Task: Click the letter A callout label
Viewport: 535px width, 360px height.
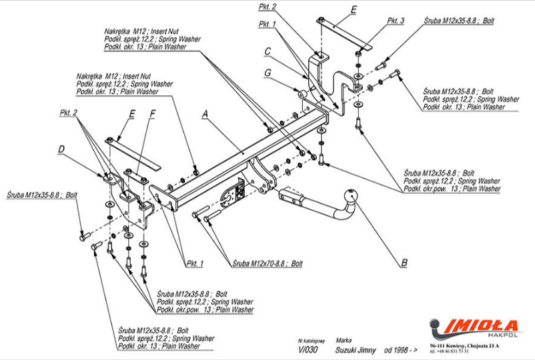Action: coord(205,114)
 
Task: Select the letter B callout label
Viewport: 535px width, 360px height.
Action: coord(404,262)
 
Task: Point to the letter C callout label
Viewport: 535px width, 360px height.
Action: coord(267,51)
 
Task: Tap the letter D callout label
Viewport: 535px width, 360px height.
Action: coord(61,149)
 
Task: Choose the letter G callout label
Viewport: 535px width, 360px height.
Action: coord(267,72)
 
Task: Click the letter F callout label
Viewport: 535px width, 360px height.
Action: coord(153,113)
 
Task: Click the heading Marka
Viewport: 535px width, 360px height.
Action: coord(344,339)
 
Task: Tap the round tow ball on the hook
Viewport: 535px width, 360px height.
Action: coord(350,198)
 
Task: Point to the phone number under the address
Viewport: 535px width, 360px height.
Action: coord(454,351)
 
